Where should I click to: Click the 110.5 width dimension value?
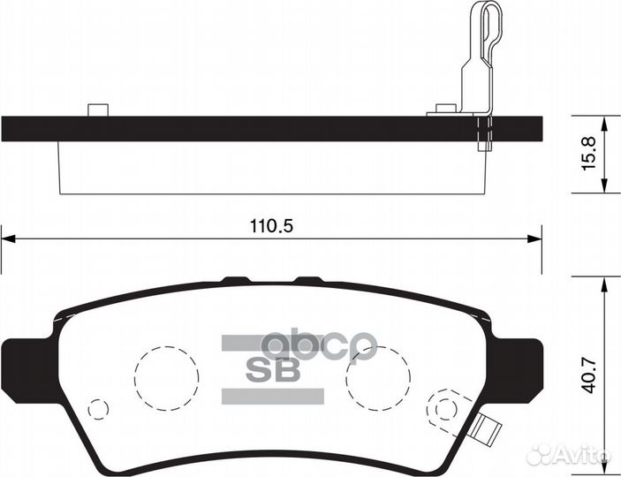(x=270, y=227)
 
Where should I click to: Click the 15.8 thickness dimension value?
(x=590, y=154)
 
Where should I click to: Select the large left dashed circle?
(x=167, y=377)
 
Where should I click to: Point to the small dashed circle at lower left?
(x=99, y=409)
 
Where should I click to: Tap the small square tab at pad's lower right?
(x=481, y=430)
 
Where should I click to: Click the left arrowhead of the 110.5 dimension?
(x=8, y=237)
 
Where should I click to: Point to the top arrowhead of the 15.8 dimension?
(x=604, y=121)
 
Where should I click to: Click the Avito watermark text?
(x=578, y=456)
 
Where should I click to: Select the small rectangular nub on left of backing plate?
(x=97, y=110)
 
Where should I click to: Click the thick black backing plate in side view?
(x=265, y=129)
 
